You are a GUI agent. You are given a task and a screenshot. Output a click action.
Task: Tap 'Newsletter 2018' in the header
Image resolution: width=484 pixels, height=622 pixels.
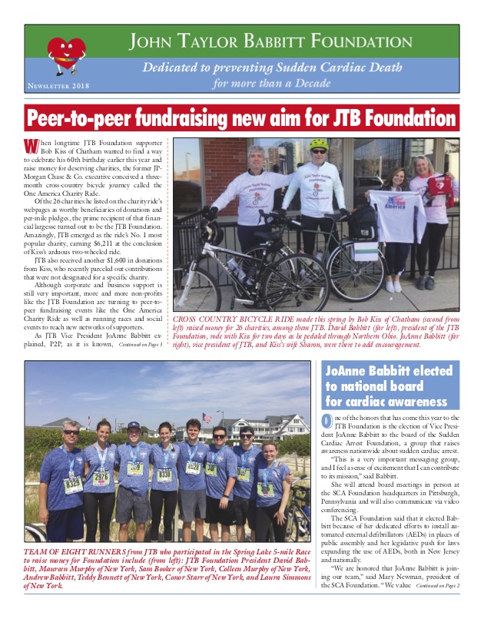tap(58, 87)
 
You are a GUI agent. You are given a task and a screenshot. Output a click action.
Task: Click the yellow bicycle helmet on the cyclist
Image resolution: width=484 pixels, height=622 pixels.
tap(319, 144)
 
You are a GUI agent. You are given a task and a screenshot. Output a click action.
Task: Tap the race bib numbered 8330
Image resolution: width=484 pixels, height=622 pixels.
tap(164, 474)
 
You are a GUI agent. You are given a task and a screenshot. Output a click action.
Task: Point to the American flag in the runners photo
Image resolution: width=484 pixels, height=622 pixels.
tap(206, 419)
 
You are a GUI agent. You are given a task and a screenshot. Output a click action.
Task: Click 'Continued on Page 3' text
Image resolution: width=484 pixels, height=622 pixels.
tap(140, 343)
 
